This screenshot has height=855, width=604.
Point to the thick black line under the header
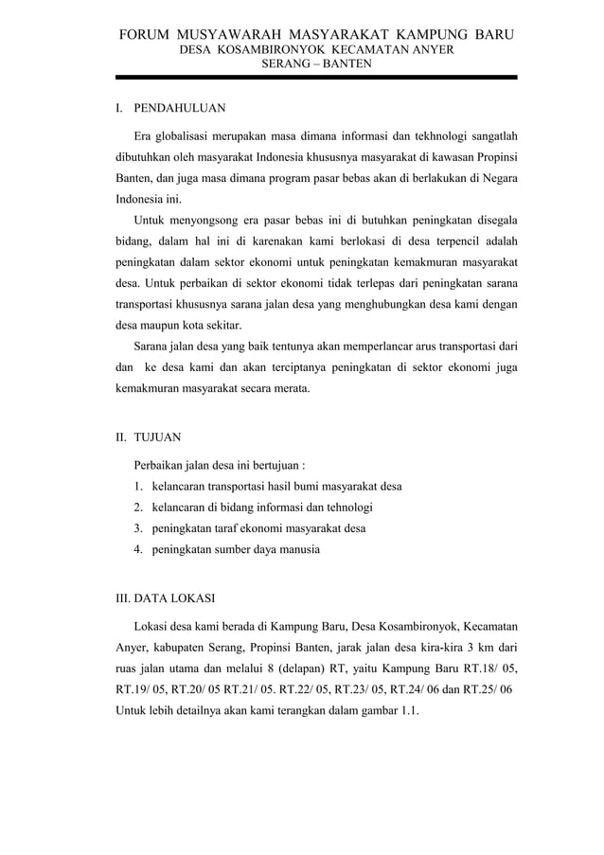coord(316,78)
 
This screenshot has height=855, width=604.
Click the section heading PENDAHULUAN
coord(179,110)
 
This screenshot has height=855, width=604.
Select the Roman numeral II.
coord(120,438)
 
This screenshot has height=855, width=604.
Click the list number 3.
coord(138,528)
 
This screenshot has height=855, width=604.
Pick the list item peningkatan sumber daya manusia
coord(236,549)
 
